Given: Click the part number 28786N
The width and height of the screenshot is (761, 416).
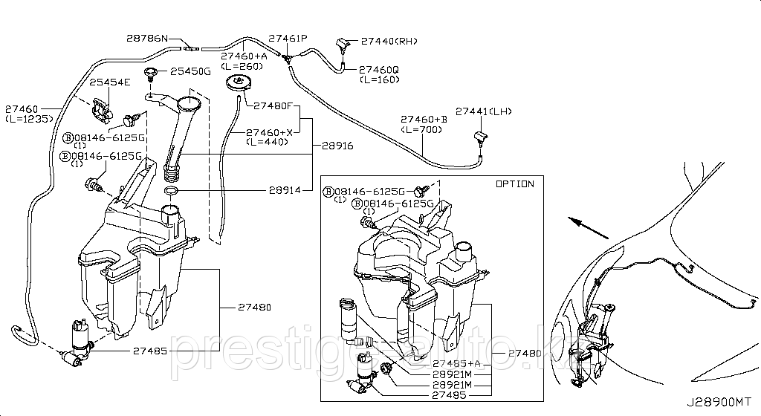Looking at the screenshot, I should (147, 38).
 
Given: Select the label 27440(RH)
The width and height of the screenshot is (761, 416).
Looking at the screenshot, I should (390, 42).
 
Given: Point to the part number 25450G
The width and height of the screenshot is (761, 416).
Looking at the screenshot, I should (191, 71).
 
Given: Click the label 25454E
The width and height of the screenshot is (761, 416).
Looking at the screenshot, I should (110, 82).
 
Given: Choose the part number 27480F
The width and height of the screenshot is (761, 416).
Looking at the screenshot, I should (273, 105).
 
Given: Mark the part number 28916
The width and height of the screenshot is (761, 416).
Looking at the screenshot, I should (332, 147).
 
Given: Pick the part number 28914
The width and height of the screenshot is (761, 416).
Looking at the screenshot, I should (285, 190).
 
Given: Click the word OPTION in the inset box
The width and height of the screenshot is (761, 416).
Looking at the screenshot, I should (514, 183).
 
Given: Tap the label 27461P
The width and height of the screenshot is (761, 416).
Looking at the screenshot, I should (288, 38).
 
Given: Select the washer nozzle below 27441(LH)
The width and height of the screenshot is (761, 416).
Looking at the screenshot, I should (479, 135).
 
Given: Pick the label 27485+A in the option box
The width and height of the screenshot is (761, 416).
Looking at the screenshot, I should (456, 363).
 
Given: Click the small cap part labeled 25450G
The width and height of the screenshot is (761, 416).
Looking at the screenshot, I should (152, 73).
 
